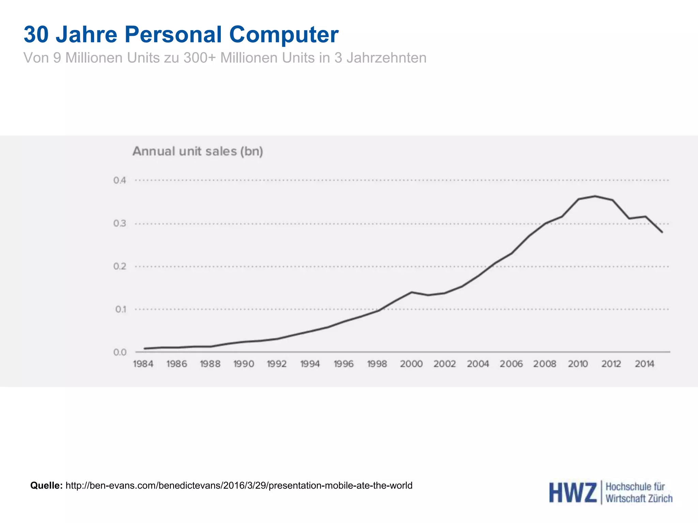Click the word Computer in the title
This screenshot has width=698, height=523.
284,34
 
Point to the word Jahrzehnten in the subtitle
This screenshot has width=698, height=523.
386,58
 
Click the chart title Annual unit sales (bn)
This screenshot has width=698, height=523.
198,151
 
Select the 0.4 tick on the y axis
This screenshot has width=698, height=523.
120,180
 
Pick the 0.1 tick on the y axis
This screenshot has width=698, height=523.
120,309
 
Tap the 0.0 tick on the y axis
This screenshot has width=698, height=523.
120,352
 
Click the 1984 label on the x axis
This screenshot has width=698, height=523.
143,364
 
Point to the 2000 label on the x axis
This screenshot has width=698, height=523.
411,364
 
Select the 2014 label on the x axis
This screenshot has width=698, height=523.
644,364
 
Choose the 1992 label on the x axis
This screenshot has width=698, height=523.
276,364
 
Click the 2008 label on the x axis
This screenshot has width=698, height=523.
544,364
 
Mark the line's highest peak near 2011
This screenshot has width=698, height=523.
595,196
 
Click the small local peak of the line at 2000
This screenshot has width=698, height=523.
411,292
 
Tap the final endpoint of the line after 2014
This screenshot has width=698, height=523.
662,232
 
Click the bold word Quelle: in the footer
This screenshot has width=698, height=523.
46,485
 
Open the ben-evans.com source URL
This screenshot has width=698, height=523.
239,485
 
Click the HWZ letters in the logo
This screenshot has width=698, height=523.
573,493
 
